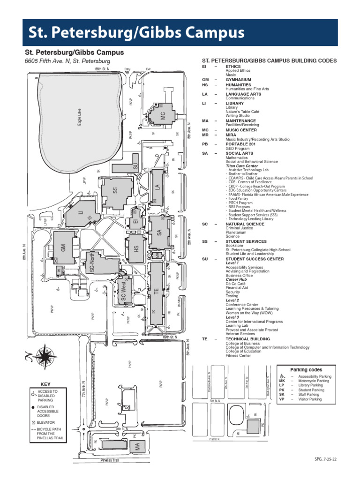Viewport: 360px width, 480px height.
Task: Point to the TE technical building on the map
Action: (156, 292)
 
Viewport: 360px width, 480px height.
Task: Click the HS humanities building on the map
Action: (136, 249)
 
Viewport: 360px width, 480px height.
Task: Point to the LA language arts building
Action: (157, 187)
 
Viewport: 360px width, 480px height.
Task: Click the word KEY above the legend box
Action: (45, 384)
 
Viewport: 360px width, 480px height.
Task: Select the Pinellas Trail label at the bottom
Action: (110, 460)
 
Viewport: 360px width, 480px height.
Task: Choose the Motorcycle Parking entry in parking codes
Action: (315, 381)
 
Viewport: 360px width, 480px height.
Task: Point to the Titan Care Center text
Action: (242, 166)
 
